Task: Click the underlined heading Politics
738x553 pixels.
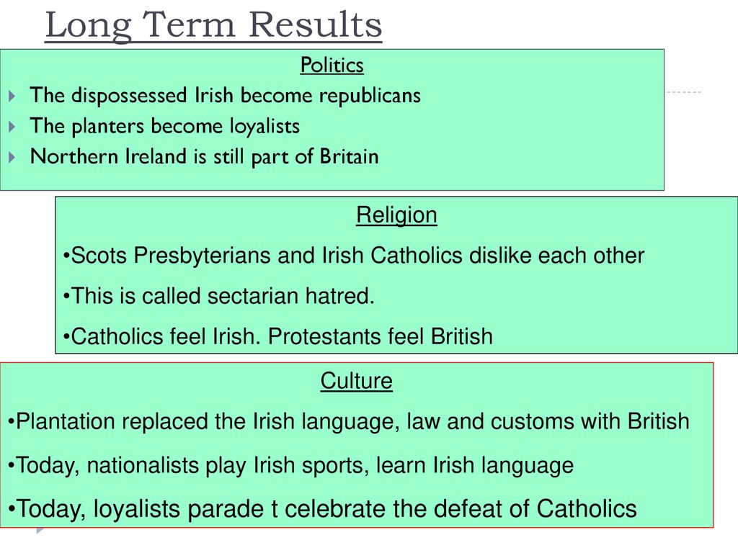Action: pyautogui.click(x=332, y=65)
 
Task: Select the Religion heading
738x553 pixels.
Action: pyautogui.click(x=396, y=216)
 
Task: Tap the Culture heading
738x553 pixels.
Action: pyautogui.click(x=356, y=380)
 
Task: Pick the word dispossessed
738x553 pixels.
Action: pyautogui.click(x=129, y=96)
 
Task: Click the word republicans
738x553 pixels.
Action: pyautogui.click(x=370, y=96)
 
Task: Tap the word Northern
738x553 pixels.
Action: pyautogui.click(x=74, y=156)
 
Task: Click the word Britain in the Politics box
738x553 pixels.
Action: pyautogui.click(x=349, y=156)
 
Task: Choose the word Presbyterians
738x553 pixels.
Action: pyautogui.click(x=202, y=256)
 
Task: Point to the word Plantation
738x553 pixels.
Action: pyautogui.click(x=66, y=421)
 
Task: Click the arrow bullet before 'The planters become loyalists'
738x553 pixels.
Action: pyautogui.click(x=12, y=127)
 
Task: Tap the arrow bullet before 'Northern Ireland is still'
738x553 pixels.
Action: pyautogui.click(x=12, y=157)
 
